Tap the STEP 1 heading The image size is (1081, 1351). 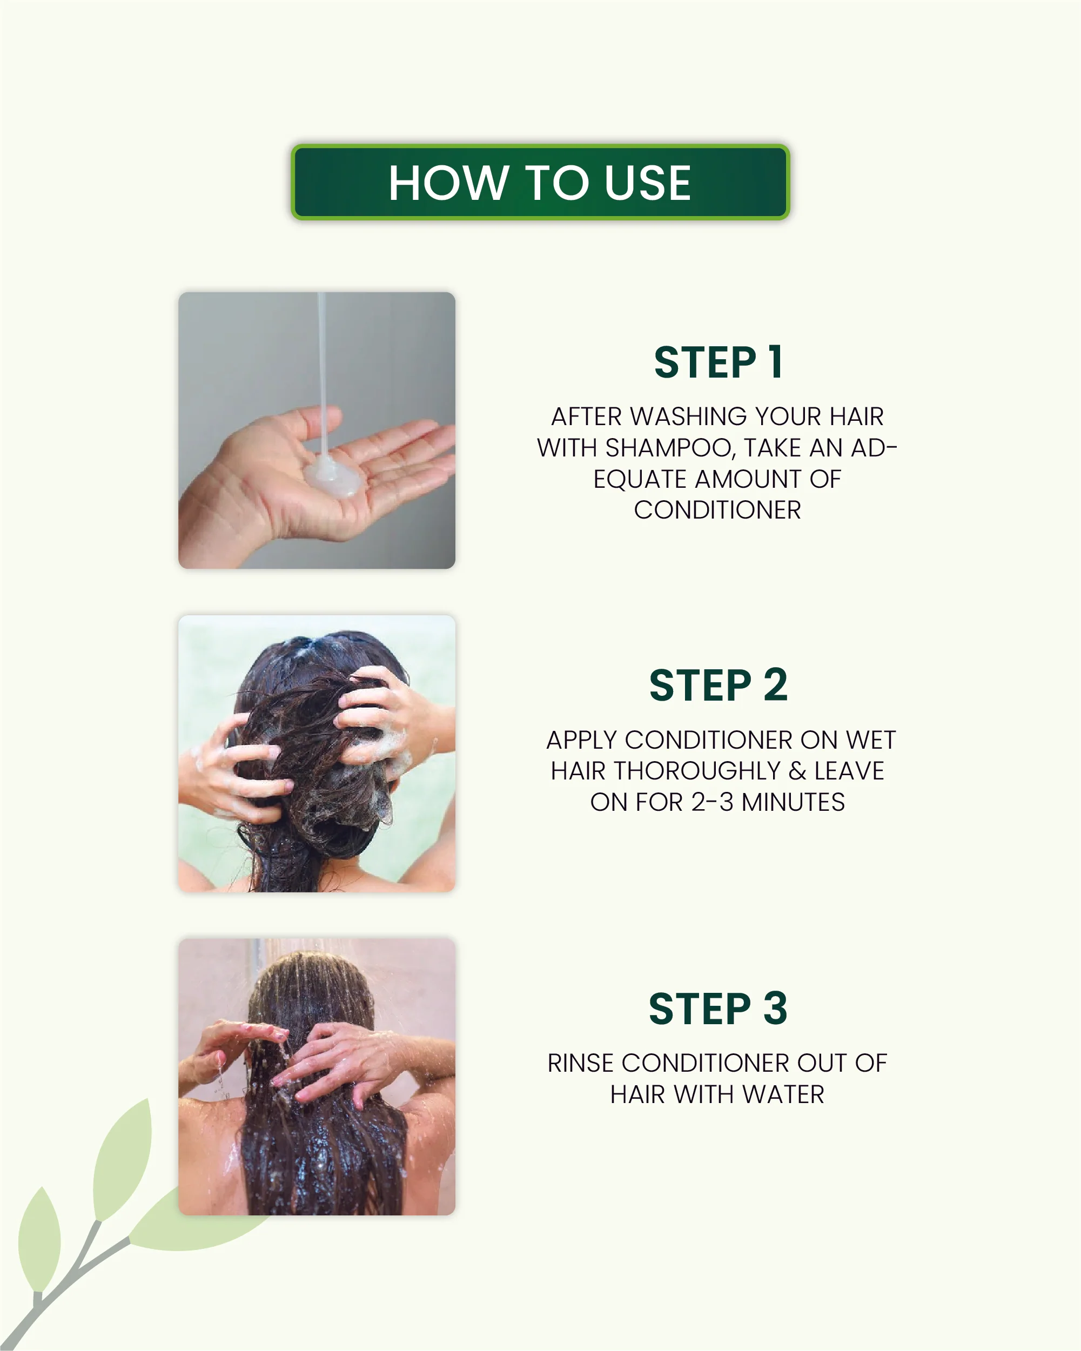tap(718, 362)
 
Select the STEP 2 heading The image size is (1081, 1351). tap(718, 685)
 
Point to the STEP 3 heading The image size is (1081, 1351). tap(718, 1009)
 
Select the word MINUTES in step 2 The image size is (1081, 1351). tap(794, 802)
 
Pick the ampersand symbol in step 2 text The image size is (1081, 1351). tap(798, 771)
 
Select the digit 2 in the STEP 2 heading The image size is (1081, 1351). tap(775, 685)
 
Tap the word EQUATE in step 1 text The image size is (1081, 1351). tap(640, 479)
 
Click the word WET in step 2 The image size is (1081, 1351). tap(870, 740)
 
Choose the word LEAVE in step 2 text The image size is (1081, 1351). tap(849, 771)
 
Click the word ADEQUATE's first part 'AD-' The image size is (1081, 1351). tap(874, 448)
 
